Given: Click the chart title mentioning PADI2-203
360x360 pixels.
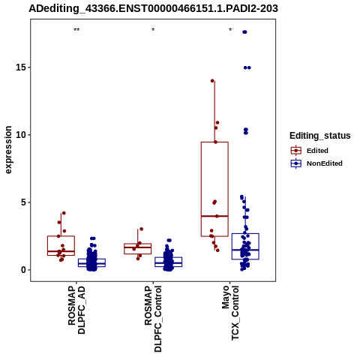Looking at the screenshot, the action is pos(153,8).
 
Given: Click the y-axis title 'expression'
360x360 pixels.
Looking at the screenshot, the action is pos(8,150).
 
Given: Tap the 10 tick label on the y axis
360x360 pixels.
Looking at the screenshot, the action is pos(21,135).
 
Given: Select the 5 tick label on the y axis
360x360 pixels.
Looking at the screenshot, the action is pos(23,202).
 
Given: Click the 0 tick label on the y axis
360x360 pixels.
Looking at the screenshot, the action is pos(23,270).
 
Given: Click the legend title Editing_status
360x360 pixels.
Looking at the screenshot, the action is pos(320,136).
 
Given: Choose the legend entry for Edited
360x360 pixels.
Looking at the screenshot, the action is pos(317,151).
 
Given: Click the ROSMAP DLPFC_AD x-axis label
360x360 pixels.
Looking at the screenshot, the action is pos(76,310).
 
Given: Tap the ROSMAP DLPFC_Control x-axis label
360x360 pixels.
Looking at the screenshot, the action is pos(153,319).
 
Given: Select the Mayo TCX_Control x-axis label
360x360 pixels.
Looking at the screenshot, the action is pos(230,313).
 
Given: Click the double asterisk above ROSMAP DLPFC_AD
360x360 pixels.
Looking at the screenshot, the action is pos(76,30).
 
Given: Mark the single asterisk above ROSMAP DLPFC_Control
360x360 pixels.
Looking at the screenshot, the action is pos(153,30).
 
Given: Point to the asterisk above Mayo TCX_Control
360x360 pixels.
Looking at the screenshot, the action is pos(230,30).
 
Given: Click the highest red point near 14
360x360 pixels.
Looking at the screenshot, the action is pos(212,81).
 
